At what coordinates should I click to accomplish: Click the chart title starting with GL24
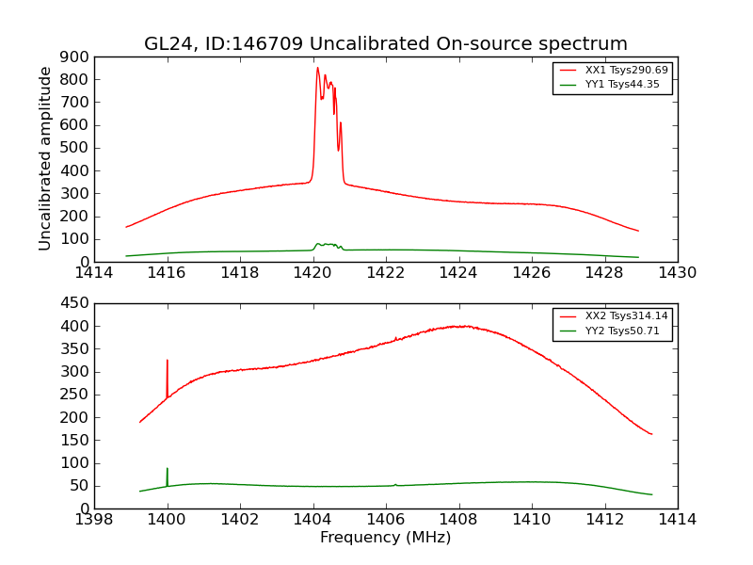pyautogui.click(x=385, y=44)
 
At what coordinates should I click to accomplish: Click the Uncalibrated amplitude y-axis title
pyautogui.click(x=45, y=158)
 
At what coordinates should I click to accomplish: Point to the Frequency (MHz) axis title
pyautogui.click(x=385, y=538)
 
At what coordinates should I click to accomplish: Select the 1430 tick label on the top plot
pyautogui.click(x=677, y=273)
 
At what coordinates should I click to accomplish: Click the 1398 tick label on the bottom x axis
pyautogui.click(x=94, y=520)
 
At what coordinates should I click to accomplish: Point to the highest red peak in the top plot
pyautogui.click(x=317, y=68)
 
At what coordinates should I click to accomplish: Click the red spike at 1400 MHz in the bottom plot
pyautogui.click(x=168, y=361)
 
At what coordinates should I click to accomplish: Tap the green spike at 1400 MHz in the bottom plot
pyautogui.click(x=168, y=469)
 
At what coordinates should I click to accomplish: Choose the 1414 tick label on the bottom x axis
pyautogui.click(x=677, y=520)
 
